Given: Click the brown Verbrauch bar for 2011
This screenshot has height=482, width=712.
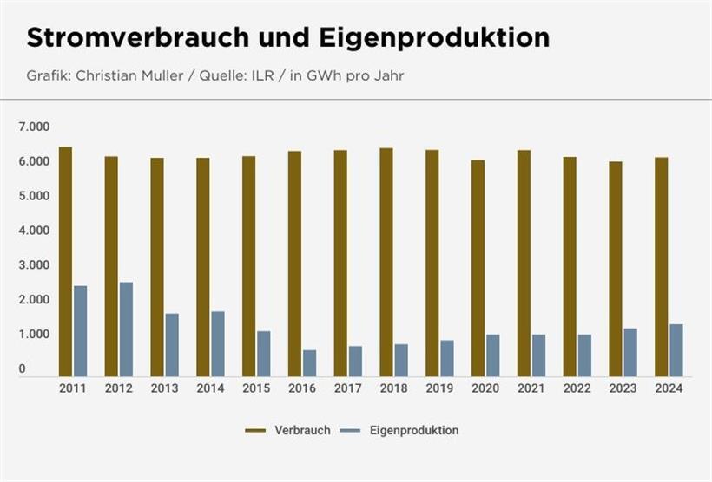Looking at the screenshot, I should pos(65,260).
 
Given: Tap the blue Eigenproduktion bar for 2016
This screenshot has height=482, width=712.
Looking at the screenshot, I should pos(310,361).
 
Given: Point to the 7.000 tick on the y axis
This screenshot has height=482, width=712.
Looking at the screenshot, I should pos(34,127).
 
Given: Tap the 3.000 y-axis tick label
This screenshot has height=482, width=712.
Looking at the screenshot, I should pos(34,265).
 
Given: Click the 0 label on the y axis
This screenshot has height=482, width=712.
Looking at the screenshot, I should pos(23,369).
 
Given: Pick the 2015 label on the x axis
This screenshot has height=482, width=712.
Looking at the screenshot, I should pos(256,388).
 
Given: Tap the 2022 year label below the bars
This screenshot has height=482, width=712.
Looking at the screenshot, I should pos(577,388).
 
